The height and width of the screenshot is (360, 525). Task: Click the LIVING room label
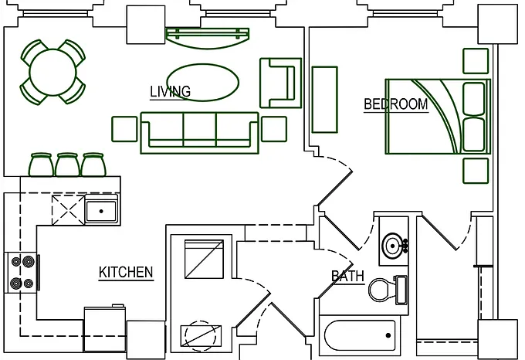point(170,91)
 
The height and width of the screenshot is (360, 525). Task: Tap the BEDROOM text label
point(396,104)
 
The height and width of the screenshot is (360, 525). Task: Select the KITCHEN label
point(126,272)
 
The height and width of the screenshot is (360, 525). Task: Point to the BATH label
point(347,277)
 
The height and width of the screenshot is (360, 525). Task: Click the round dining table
point(53,72)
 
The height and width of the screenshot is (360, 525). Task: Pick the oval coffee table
point(203,83)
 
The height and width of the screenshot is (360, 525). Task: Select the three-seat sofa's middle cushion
point(199,130)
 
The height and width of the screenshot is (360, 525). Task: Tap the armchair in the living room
point(280,83)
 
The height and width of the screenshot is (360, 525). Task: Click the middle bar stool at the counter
point(67,165)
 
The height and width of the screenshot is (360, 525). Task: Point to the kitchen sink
point(101,211)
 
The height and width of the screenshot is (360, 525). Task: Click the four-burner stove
point(22,272)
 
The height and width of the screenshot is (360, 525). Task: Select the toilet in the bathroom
point(388,290)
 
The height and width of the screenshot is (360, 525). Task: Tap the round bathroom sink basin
point(392,246)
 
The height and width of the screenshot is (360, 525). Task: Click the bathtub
point(360,335)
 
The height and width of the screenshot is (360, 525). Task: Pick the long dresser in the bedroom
point(324,100)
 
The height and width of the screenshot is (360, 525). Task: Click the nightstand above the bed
point(476,61)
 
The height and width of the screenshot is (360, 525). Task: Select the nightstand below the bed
point(476,171)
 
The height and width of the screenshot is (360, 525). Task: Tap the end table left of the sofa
point(124,129)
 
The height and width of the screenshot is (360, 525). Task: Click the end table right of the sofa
point(274,129)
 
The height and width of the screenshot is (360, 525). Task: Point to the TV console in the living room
point(208,39)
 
